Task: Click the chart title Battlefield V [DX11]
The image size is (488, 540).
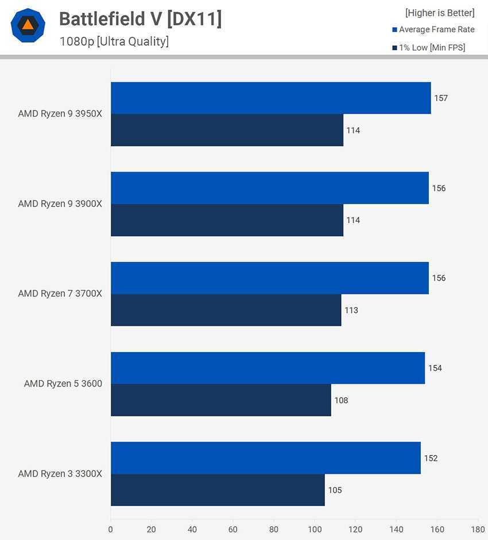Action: coord(140,19)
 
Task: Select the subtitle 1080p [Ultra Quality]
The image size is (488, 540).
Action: coord(114,41)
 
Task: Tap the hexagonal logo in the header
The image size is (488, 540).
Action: coord(28,25)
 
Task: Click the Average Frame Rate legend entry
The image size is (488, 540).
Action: coord(436,29)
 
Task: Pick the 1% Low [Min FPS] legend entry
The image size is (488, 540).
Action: coord(432,48)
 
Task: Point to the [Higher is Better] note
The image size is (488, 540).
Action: coord(440,13)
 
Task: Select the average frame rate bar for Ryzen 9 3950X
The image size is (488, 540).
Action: coord(270,98)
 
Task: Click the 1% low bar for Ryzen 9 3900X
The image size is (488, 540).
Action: coord(227,220)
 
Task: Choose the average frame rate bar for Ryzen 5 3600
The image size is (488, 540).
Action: coord(268,368)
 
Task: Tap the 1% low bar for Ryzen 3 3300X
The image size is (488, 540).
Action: coord(218,490)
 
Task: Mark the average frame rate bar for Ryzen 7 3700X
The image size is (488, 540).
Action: coord(270,278)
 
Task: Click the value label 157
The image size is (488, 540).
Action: coord(441,98)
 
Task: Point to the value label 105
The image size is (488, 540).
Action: coord(335,491)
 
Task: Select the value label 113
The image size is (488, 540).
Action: coord(351,311)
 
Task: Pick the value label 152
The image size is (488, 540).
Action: coord(431,458)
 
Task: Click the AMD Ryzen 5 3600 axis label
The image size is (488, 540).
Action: coord(63,384)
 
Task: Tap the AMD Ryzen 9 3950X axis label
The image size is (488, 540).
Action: coord(60,114)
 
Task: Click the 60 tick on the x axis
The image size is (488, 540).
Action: coord(233,529)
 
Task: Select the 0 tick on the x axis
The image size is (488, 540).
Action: coord(111,529)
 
